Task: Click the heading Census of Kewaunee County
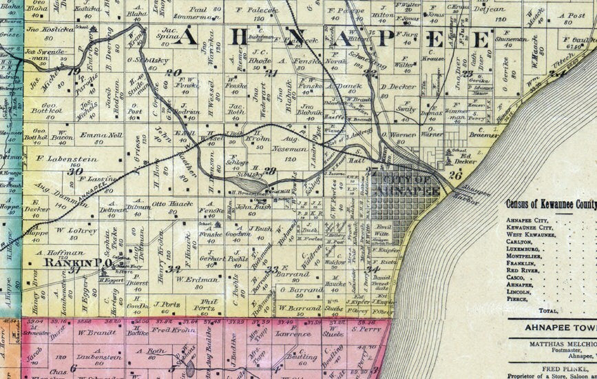click(551, 204)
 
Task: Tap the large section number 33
click(273, 269)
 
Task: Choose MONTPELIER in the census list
click(534, 254)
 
